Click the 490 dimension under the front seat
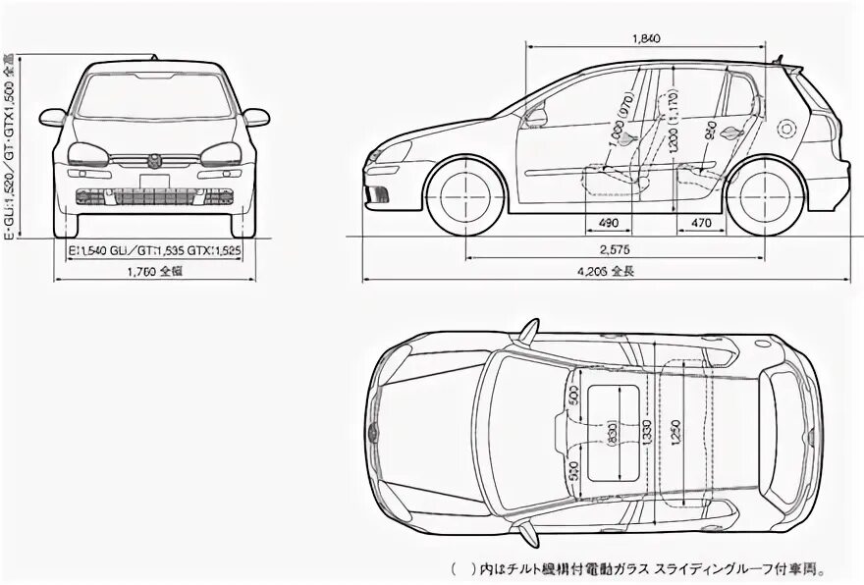click(x=609, y=223)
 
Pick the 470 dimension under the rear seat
click(x=701, y=223)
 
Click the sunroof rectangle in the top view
click(x=615, y=432)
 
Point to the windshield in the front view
click(x=156, y=97)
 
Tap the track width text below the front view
click(x=154, y=251)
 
